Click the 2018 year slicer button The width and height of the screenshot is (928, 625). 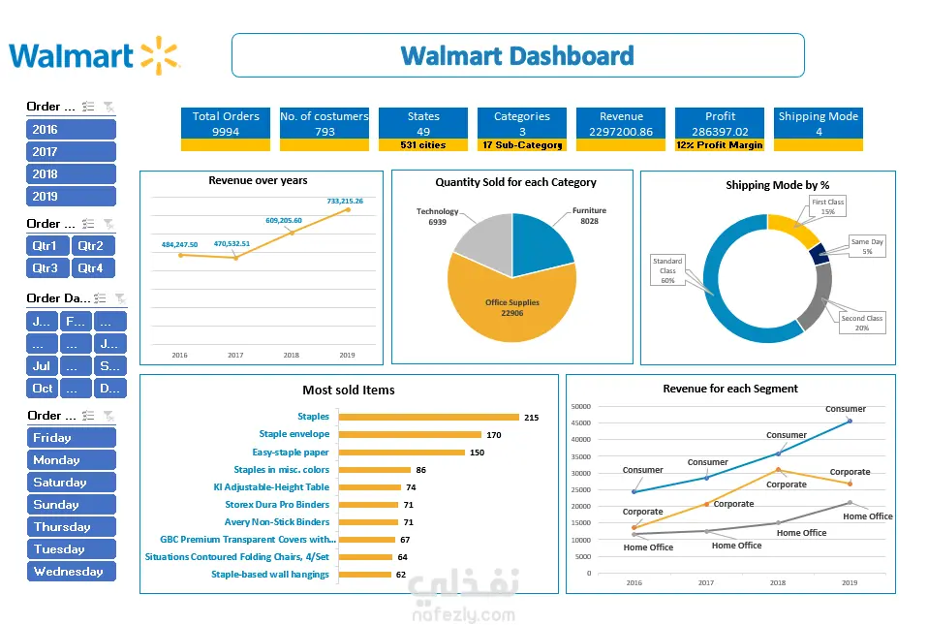pos(71,174)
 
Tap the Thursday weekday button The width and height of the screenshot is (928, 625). pos(71,527)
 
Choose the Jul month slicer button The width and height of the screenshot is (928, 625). pos(42,366)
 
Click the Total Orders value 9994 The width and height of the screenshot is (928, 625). pos(226,132)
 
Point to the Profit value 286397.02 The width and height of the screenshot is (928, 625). pos(720,132)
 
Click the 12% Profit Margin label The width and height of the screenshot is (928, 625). pos(720,145)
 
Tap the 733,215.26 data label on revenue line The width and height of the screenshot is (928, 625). pos(345,202)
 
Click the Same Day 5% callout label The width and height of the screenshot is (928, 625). pos(867,246)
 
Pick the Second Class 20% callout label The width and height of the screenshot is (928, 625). pos(861,323)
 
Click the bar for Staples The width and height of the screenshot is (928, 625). pos(428,418)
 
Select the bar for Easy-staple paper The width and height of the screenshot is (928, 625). pos(401,453)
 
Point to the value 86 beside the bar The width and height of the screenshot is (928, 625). pos(421,470)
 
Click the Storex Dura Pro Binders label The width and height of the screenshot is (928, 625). pos(277,505)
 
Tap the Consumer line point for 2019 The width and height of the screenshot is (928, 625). pos(850,421)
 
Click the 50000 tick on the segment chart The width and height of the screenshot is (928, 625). pos(580,407)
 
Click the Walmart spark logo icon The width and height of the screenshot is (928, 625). pos(160,55)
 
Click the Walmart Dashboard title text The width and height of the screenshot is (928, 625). pos(517,55)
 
